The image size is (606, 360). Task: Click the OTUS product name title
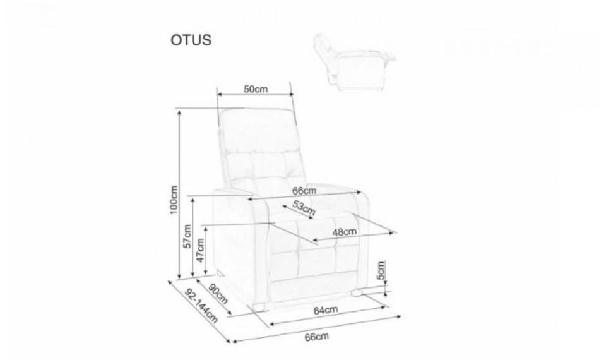click(x=191, y=40)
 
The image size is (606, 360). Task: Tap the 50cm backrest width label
click(x=256, y=89)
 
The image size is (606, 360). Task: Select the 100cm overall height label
click(x=174, y=200)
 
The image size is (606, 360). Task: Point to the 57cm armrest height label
click(x=187, y=236)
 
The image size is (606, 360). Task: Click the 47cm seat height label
click(x=200, y=250)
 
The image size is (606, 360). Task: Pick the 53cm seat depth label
click(x=304, y=208)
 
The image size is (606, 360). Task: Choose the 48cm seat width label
click(x=345, y=232)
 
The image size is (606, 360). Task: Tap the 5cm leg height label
click(x=381, y=270)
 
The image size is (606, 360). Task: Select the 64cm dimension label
click(x=326, y=310)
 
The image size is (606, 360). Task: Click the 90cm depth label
click(x=218, y=294)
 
